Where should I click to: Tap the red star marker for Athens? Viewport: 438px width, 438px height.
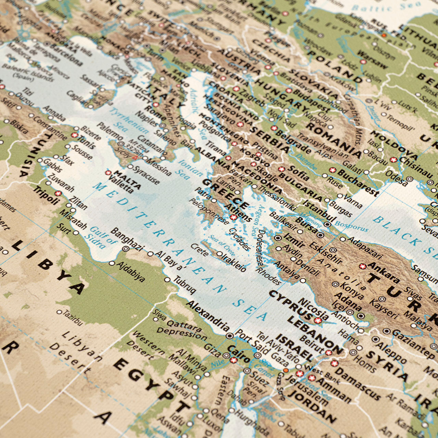coord(233,217)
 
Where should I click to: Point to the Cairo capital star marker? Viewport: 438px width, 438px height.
coord(234,360)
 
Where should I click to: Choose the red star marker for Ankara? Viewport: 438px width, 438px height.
coord(362,266)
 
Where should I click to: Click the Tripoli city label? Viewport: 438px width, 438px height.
coord(47,195)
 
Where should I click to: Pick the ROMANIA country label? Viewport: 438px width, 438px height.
coord(334,140)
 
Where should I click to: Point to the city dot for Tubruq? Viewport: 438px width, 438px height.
coord(167,280)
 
